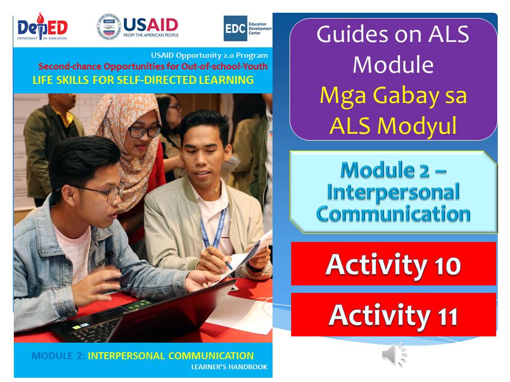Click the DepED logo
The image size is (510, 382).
click(x=42, y=26)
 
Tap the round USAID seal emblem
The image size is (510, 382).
click(x=109, y=27)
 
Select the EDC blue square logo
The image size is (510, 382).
click(x=235, y=29)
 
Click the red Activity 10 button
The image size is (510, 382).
click(x=393, y=264)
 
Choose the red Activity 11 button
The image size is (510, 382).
click(x=393, y=315)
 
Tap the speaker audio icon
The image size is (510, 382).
click(x=394, y=354)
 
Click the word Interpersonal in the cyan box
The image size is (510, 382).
click(x=393, y=192)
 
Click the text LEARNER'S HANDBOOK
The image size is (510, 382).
click(x=229, y=367)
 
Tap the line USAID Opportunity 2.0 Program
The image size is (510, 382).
click(x=209, y=56)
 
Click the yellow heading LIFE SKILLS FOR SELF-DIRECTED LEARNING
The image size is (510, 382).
click(x=143, y=80)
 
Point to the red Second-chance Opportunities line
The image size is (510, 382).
click(x=153, y=67)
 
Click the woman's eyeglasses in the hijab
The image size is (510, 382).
click(x=144, y=132)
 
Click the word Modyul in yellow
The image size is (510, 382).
click(x=417, y=127)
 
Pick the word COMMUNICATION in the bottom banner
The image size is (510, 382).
click(x=211, y=355)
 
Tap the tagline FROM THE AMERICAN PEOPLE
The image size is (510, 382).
click(x=151, y=35)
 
